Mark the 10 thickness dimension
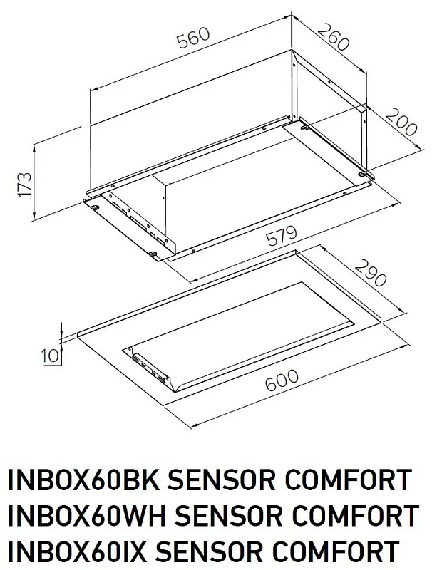coord(48,355)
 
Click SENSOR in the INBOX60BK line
coord(228,481)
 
